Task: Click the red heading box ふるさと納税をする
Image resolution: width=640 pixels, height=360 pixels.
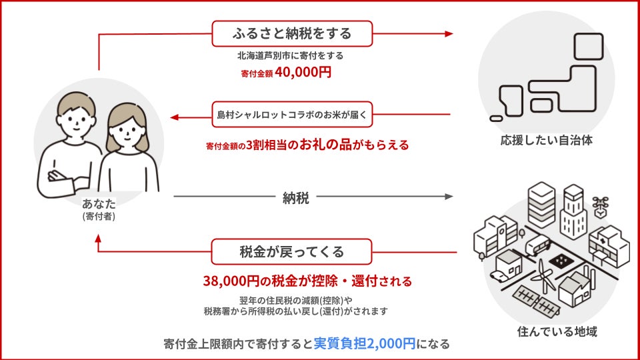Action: pyautogui.click(x=292, y=33)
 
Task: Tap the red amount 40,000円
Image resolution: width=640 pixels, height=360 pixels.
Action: pyautogui.click(x=302, y=73)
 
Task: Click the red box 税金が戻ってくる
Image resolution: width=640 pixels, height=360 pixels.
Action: pyautogui.click(x=291, y=252)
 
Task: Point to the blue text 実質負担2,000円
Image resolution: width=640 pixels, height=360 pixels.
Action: pyautogui.click(x=365, y=344)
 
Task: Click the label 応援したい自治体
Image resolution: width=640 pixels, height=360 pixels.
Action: pyautogui.click(x=546, y=141)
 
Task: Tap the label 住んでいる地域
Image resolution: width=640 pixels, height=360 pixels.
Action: pyautogui.click(x=546, y=331)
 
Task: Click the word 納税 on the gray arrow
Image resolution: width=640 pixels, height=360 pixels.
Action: pyautogui.click(x=295, y=198)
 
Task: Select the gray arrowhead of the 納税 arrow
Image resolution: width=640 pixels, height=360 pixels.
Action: pyautogui.click(x=449, y=197)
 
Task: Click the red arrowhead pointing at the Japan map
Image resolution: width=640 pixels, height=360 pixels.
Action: pyautogui.click(x=449, y=33)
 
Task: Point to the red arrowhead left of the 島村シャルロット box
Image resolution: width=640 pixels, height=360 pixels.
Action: pyautogui.click(x=175, y=117)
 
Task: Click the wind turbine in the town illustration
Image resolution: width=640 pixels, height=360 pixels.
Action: pyautogui.click(x=545, y=273)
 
